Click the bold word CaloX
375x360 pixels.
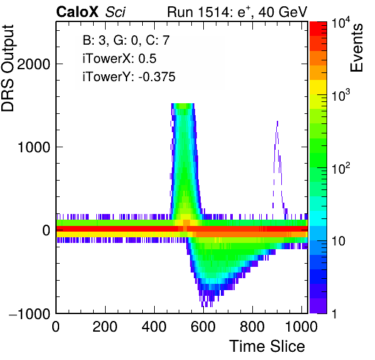77,12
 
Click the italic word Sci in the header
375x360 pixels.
115,12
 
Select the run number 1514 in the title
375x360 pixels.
213,12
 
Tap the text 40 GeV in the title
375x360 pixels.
283,12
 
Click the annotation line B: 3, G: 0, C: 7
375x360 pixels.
126,40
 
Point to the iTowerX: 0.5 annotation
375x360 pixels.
120,59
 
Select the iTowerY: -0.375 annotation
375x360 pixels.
129,77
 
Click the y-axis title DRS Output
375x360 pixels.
8,68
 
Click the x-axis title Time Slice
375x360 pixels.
267,346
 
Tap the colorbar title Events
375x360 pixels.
356,48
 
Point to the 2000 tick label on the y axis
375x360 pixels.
34,64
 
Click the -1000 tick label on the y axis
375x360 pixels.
30,313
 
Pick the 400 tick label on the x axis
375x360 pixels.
154,327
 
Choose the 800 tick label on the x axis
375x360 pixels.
252,327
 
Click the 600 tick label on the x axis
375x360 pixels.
203,327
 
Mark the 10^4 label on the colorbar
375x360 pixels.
341,24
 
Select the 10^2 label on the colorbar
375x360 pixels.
341,168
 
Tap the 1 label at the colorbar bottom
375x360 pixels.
334,313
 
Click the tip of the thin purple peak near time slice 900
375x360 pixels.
277,121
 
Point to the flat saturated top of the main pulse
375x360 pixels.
182,104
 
